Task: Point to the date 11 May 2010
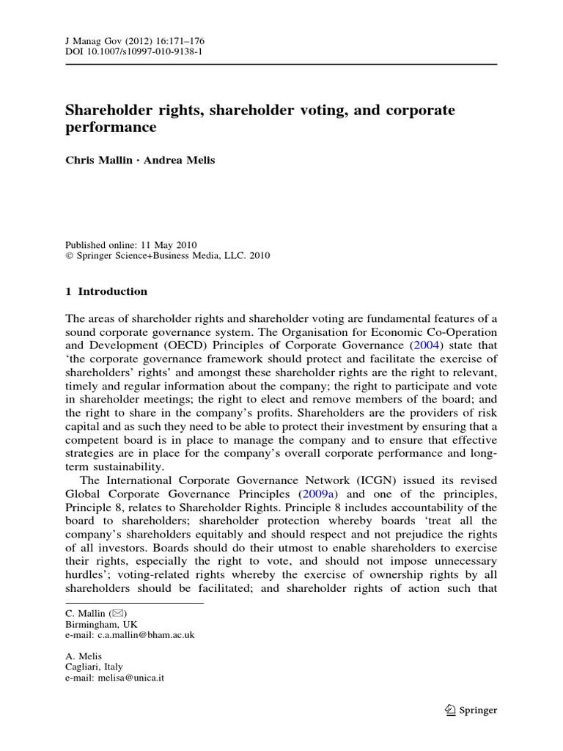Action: pos(166,245)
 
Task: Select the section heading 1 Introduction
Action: pos(106,291)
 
